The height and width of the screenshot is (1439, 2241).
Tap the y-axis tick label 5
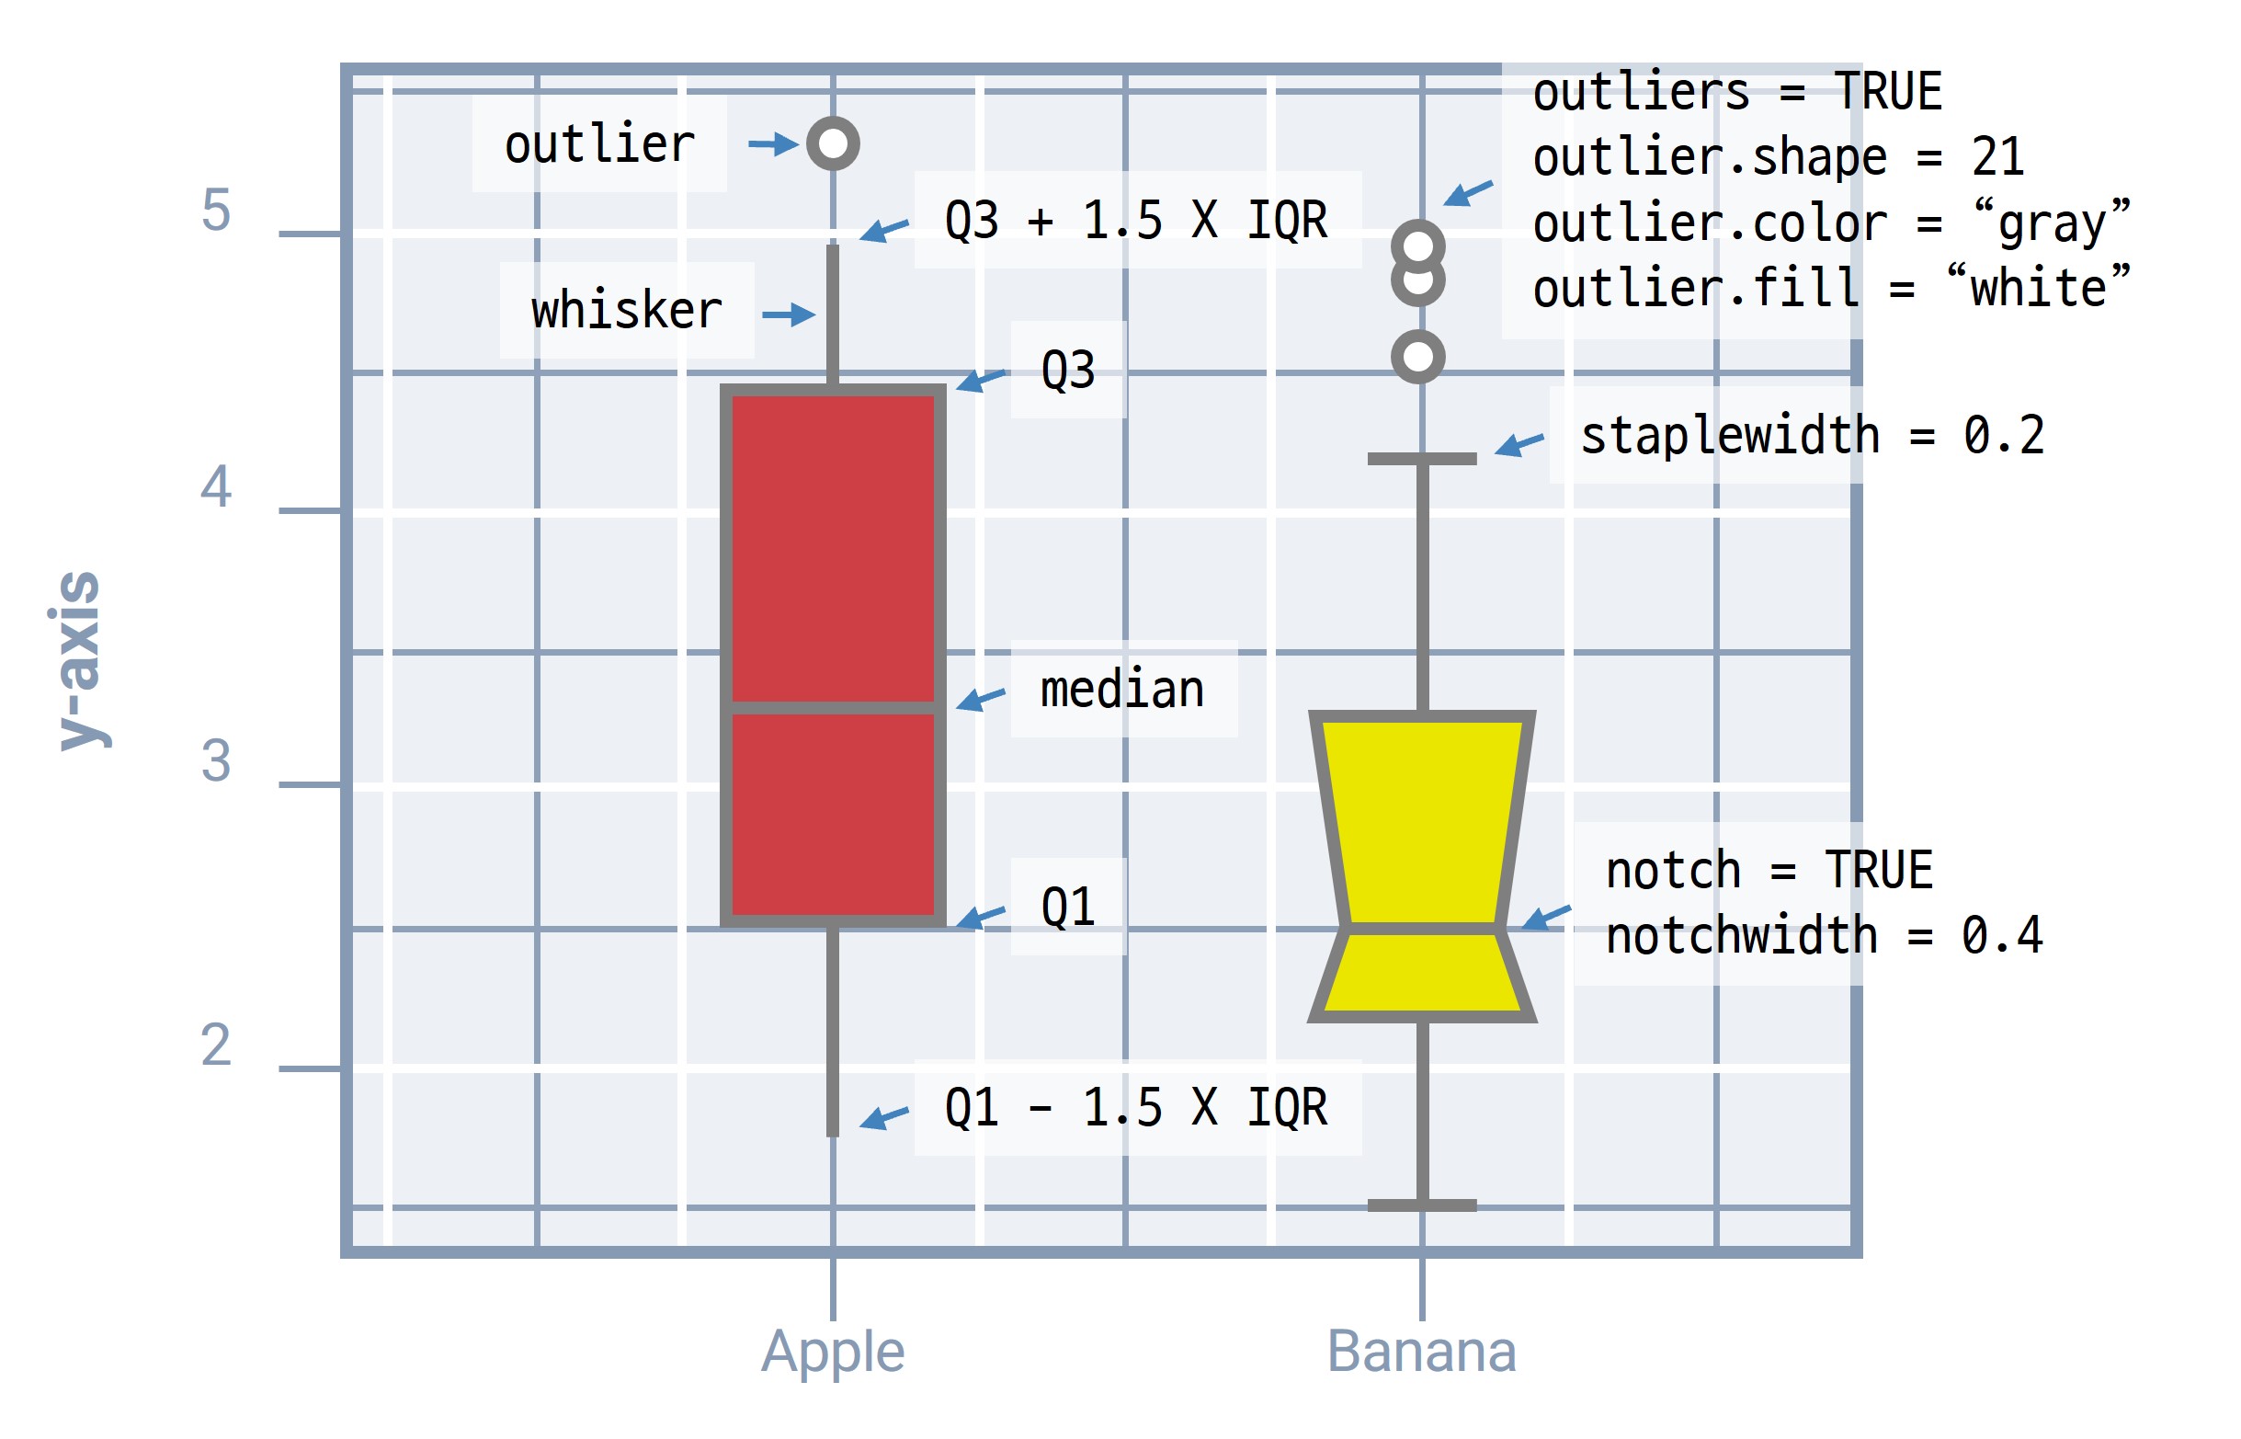[216, 211]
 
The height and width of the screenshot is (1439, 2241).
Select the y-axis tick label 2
[216, 1045]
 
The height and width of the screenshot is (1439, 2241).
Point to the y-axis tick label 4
[216, 486]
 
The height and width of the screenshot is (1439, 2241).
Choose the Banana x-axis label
[1421, 1351]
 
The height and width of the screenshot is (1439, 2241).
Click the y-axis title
[80, 660]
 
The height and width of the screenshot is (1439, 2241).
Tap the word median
[1122, 690]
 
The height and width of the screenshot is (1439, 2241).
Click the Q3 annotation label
[1068, 370]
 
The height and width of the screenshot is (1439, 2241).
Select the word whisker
[626, 309]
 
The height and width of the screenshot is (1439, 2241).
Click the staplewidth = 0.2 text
[1813, 436]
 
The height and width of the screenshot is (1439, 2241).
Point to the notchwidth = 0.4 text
[1824, 935]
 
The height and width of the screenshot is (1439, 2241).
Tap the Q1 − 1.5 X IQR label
[1136, 1107]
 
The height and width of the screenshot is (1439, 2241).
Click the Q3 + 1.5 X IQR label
[1136, 221]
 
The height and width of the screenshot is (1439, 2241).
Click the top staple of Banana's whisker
[1422, 459]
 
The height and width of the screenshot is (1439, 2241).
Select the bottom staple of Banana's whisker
[1422, 1205]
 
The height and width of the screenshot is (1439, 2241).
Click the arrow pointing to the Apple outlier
[773, 143]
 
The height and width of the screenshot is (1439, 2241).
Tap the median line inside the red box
[832, 708]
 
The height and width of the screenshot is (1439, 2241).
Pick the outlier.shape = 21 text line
[1779, 157]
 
